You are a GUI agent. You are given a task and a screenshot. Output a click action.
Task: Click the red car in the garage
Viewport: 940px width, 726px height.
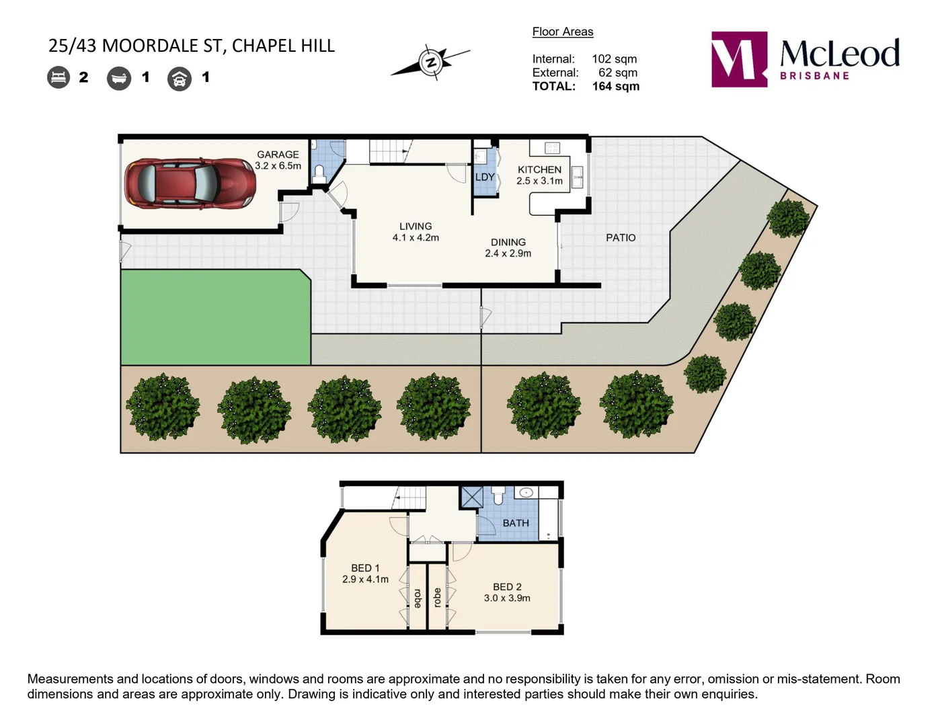(190, 183)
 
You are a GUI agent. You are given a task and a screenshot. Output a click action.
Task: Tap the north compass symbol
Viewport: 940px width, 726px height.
(430, 63)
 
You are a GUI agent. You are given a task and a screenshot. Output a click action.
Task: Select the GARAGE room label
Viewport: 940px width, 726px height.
(278, 155)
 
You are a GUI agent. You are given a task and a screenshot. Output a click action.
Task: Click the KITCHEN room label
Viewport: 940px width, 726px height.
(539, 169)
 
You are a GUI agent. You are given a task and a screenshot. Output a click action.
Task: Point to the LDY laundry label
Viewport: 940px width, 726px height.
(485, 177)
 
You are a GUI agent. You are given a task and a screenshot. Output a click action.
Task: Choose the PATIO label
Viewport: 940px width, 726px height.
(620, 238)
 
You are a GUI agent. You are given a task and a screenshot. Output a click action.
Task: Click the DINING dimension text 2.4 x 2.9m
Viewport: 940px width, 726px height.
(508, 253)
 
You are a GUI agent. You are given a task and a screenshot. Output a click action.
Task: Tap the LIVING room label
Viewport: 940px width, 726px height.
(416, 227)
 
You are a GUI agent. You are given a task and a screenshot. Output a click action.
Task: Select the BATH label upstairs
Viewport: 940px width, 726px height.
(516, 523)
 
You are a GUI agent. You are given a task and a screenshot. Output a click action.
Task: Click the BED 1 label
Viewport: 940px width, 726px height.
(365, 568)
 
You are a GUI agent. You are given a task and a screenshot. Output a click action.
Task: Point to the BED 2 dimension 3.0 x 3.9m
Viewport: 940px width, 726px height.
(507, 598)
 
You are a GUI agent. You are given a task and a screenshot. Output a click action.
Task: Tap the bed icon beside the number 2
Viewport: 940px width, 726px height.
(58, 77)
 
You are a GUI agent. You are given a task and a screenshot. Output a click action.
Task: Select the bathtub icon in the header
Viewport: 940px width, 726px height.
(119, 78)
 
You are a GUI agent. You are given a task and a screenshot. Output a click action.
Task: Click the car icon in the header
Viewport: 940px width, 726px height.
(180, 79)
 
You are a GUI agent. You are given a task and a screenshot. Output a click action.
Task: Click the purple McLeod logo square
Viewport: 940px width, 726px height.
(739, 59)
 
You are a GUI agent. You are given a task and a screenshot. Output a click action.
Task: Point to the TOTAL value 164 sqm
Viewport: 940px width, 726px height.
(615, 86)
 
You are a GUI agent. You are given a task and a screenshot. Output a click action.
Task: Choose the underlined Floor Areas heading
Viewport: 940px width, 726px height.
(563, 32)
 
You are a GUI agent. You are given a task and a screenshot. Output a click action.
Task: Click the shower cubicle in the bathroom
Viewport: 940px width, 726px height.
(471, 497)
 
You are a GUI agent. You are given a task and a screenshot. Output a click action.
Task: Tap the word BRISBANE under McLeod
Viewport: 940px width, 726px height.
(814, 76)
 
